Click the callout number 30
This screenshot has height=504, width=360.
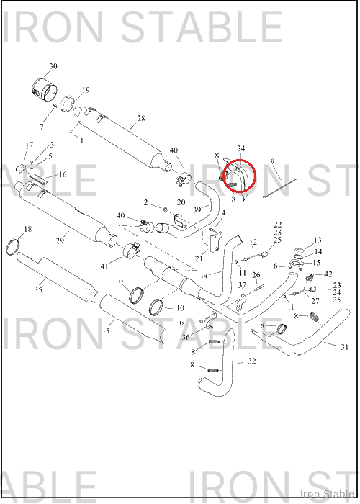pyautogui.click(x=53, y=66)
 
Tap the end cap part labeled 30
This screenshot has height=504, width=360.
pyautogui.click(x=45, y=90)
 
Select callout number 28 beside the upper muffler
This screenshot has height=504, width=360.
pyautogui.click(x=141, y=118)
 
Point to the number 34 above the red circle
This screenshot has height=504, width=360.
pyautogui.click(x=240, y=148)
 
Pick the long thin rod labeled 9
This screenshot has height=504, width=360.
pyautogui.click(x=279, y=189)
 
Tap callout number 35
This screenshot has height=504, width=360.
pyautogui.click(x=38, y=289)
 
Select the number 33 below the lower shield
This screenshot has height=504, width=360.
pyautogui.click(x=105, y=330)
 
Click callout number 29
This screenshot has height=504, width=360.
pyautogui.click(x=60, y=240)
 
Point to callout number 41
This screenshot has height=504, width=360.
pyautogui.click(x=104, y=266)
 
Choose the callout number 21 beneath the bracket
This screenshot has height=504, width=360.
pyautogui.click(x=199, y=258)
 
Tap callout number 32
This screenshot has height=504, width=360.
pyautogui.click(x=252, y=361)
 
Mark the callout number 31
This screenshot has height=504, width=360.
pyautogui.click(x=344, y=347)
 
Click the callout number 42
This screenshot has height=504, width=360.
pyautogui.click(x=328, y=274)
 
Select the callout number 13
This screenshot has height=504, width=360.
pyautogui.click(x=318, y=240)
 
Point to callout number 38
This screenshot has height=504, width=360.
pyautogui.click(x=203, y=276)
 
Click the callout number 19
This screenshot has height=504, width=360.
pyautogui.click(x=86, y=90)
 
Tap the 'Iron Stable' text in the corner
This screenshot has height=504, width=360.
pyautogui.click(x=327, y=493)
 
